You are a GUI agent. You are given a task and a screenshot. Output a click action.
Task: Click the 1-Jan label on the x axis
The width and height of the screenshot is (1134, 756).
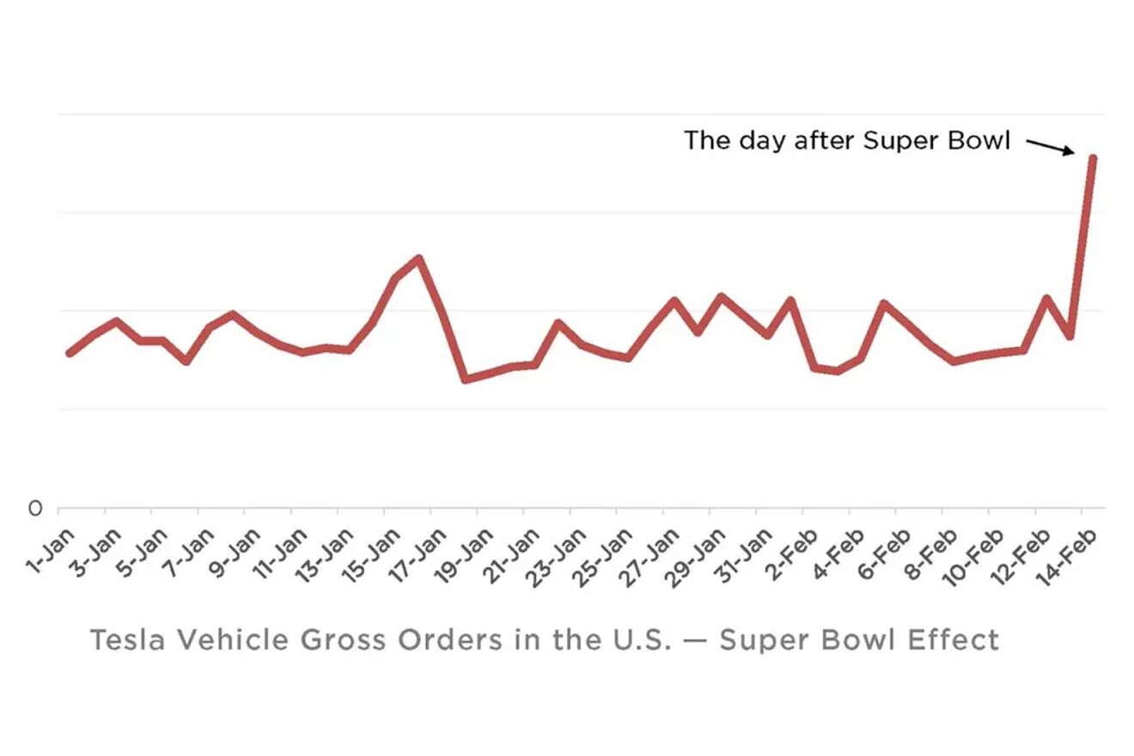51,552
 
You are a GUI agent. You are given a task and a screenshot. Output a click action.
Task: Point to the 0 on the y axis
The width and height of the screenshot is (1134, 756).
34,509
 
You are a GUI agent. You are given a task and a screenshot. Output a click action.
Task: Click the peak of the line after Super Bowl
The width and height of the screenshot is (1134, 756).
1092,158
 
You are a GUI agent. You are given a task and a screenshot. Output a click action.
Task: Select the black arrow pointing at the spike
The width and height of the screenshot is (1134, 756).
1051,147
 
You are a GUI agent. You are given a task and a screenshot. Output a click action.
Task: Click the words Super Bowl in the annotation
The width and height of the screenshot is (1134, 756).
936,140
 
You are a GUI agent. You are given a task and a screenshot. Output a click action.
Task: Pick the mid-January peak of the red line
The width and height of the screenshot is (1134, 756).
418,259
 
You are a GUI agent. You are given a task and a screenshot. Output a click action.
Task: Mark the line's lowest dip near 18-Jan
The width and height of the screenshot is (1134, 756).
466,379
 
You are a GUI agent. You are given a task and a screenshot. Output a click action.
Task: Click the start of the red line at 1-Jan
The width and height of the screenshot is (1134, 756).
70,353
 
